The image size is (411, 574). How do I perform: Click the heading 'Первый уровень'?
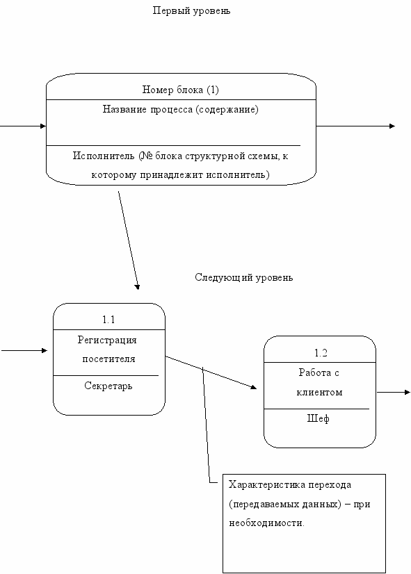(191, 11)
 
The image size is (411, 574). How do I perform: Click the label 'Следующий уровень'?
(243, 277)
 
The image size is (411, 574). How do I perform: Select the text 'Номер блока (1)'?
(180, 90)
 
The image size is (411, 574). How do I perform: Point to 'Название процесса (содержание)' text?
(180, 109)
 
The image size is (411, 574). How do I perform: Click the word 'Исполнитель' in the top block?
(104, 156)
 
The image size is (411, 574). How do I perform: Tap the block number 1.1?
(108, 320)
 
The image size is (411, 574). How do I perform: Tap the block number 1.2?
(321, 353)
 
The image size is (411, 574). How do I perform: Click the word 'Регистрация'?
(107, 340)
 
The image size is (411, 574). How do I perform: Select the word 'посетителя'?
(108, 359)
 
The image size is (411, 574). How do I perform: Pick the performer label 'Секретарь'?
(108, 386)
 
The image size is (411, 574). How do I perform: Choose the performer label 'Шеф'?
(318, 419)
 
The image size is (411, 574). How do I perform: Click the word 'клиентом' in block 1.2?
(319, 393)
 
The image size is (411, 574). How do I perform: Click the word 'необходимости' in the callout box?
(266, 523)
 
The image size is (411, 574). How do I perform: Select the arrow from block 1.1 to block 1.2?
(211, 372)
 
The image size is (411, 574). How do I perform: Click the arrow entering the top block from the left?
(23, 126)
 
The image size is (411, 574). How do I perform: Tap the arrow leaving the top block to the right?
(355, 126)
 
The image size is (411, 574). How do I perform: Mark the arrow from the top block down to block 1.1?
(129, 240)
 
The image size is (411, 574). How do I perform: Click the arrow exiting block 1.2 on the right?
(394, 393)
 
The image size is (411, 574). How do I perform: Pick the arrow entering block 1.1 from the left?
(24, 351)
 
